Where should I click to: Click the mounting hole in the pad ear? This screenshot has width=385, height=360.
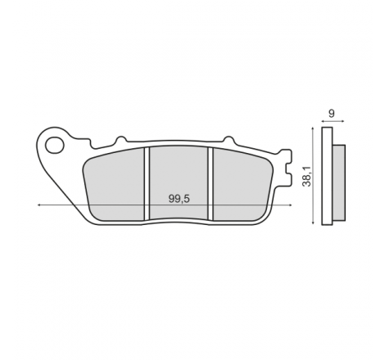[x=55, y=146]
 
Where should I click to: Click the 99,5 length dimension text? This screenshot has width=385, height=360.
[x=179, y=199]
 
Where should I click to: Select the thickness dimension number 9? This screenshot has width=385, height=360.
[x=331, y=113]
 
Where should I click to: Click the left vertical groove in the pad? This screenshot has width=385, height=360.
[x=147, y=183]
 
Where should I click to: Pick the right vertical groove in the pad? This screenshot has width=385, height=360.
[x=211, y=183]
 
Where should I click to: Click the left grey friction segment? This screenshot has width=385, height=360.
[x=114, y=185]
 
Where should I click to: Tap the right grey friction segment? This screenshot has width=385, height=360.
[x=242, y=185]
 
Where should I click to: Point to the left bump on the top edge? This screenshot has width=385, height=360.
[x=121, y=139]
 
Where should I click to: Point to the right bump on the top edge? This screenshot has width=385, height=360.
[x=229, y=139]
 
